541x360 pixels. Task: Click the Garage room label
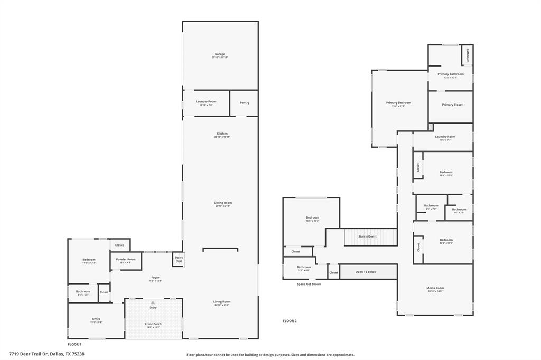220,54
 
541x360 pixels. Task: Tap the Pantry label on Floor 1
244,102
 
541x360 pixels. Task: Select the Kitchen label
222,134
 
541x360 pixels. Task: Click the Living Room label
222,302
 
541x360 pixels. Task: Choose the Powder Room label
126,260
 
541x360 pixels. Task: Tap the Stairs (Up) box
179,260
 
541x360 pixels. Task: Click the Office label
96,319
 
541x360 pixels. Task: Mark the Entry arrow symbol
153,302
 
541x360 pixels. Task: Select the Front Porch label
153,324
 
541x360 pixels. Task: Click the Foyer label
155,278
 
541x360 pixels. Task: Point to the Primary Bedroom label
398,103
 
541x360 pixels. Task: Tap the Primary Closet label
452,105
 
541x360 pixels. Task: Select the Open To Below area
366,272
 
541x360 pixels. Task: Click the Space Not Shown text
309,284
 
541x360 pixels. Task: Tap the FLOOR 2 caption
290,321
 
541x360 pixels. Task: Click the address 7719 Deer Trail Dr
46,354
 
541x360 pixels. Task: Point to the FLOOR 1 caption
74,344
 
